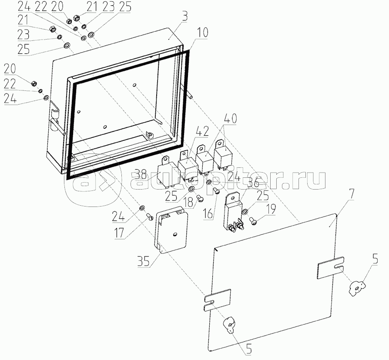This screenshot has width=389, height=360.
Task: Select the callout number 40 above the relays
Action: pos(231,118)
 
